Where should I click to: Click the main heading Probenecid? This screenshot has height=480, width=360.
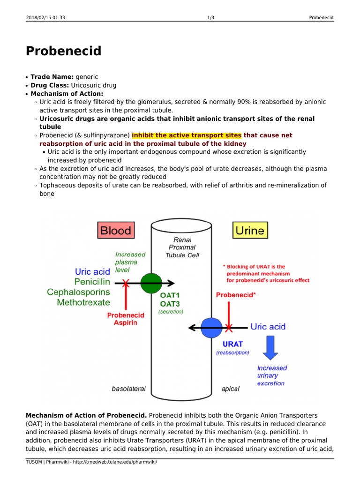click(63, 51)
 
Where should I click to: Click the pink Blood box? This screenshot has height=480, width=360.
click(116, 230)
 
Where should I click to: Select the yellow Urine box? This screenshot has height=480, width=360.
click(249, 230)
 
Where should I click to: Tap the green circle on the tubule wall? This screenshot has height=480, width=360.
click(151, 283)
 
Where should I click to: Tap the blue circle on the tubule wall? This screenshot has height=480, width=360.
click(212, 327)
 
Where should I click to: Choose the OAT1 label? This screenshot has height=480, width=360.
click(170, 295)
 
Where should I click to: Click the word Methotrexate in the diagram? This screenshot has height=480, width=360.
click(83, 302)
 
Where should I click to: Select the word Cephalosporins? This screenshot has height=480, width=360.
click(78, 292)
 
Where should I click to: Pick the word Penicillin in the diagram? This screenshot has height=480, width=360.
click(92, 282)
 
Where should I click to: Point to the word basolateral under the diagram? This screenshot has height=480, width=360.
click(128, 389)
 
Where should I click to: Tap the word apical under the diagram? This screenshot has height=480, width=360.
click(230, 389)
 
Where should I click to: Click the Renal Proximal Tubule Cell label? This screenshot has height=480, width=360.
click(182, 247)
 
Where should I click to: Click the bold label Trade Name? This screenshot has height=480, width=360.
click(49, 76)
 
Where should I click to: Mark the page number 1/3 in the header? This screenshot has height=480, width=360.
click(210, 18)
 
